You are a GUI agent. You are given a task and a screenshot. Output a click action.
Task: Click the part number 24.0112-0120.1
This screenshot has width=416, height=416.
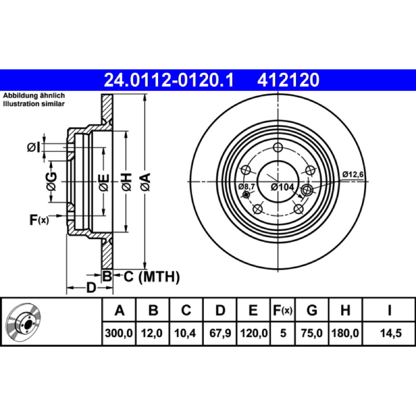coord(168,80)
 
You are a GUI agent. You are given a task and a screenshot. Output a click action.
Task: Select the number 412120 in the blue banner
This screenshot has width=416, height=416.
coord(288,80)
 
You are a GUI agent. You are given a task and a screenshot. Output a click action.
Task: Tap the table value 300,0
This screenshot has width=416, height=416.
coord(119,333)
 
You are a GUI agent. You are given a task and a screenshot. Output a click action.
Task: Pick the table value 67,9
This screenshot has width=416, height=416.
coord(220,333)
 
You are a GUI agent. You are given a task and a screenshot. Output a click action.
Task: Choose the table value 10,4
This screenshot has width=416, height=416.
coord(185,333)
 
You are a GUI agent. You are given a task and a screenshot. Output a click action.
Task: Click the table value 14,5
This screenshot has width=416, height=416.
coord(391,333)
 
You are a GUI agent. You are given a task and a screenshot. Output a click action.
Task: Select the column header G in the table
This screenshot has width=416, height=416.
coord(311,310)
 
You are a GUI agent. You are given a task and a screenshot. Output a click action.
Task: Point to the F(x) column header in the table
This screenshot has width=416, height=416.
coord(282,310)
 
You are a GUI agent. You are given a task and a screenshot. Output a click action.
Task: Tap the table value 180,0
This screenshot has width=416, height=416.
coord(345,333)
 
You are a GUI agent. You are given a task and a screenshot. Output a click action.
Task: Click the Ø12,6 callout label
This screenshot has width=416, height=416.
coord(353,174)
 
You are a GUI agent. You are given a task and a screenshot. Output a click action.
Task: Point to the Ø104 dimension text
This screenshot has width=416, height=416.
coord(282,187)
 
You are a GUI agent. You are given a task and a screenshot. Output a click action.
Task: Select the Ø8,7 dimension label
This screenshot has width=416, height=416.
coord(246,187)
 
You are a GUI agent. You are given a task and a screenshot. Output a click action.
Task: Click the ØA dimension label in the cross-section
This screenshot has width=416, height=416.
coord(146,181)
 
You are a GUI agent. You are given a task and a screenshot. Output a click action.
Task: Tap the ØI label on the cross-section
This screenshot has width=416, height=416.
coord(34,147)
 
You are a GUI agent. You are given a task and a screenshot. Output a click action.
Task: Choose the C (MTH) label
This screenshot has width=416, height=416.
coord(151,277)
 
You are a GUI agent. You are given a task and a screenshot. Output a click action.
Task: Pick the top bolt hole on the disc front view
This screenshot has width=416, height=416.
coord(278,147)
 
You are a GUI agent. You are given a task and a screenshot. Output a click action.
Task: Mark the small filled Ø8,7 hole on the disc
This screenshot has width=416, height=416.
coord(246,194)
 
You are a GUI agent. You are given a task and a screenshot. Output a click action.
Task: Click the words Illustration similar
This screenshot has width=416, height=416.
coord(34,103)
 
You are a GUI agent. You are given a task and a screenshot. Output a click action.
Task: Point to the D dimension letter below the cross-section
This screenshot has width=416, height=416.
coord(91,288)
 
